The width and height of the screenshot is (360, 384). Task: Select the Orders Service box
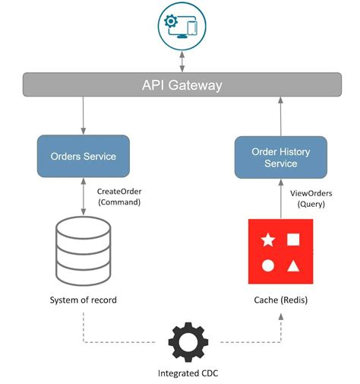83,156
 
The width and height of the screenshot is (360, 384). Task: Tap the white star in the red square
267,241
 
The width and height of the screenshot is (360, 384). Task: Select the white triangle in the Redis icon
293,266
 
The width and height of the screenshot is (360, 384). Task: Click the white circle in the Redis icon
267,266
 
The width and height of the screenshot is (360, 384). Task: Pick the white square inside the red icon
293,240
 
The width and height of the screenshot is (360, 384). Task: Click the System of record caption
83,300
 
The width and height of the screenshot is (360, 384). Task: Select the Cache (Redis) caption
279,300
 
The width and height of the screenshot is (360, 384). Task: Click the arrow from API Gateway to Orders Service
83,116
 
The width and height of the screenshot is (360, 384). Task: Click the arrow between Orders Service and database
83,197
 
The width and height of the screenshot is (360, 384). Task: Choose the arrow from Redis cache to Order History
279,199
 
